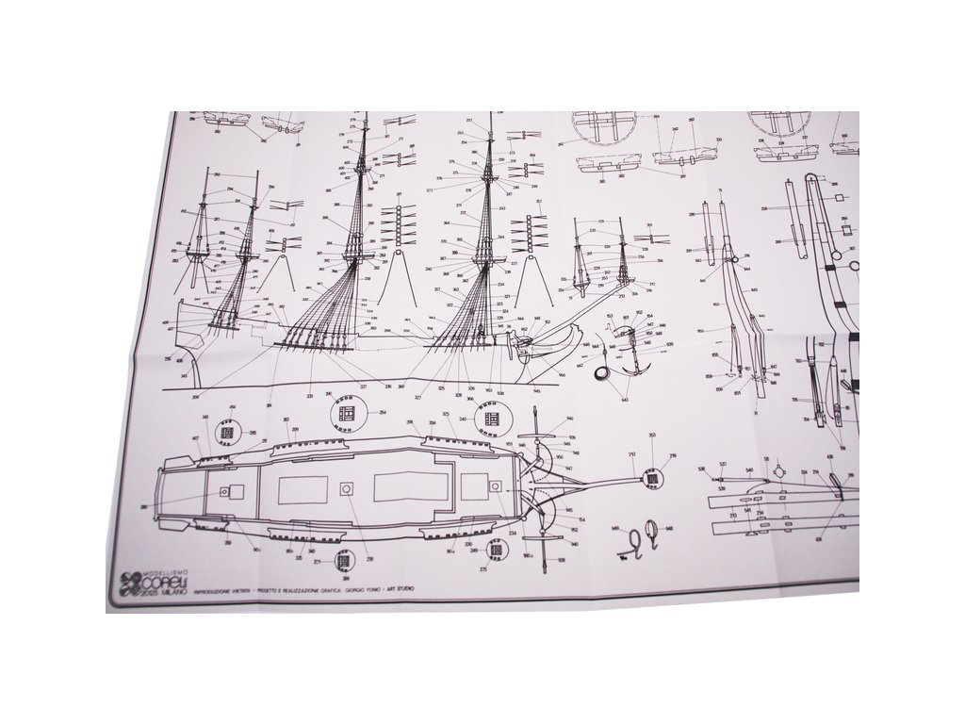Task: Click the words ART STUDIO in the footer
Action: (401, 590)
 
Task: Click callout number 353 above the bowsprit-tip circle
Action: (652, 435)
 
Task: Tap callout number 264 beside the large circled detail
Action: (383, 412)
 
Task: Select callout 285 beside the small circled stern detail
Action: (253, 433)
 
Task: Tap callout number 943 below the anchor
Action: (625, 399)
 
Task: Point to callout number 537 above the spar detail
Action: (723, 465)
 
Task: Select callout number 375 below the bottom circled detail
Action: (484, 569)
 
